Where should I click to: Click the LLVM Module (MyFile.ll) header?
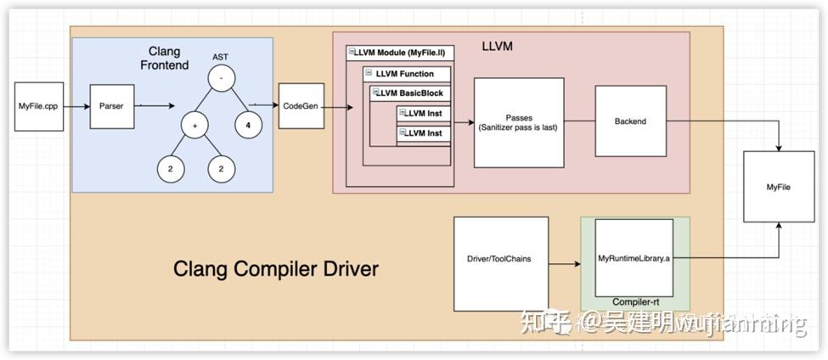point(401,53)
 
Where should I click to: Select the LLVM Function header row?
point(406,74)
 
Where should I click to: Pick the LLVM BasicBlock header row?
point(411,93)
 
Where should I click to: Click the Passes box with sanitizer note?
point(518,121)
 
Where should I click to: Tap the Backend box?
point(629,121)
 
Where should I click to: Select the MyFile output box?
point(778,187)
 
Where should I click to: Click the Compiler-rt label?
point(636,301)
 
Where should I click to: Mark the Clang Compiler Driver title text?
point(275,269)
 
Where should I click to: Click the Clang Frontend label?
point(170,59)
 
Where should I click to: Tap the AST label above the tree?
point(220,56)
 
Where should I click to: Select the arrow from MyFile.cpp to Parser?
point(74,106)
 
